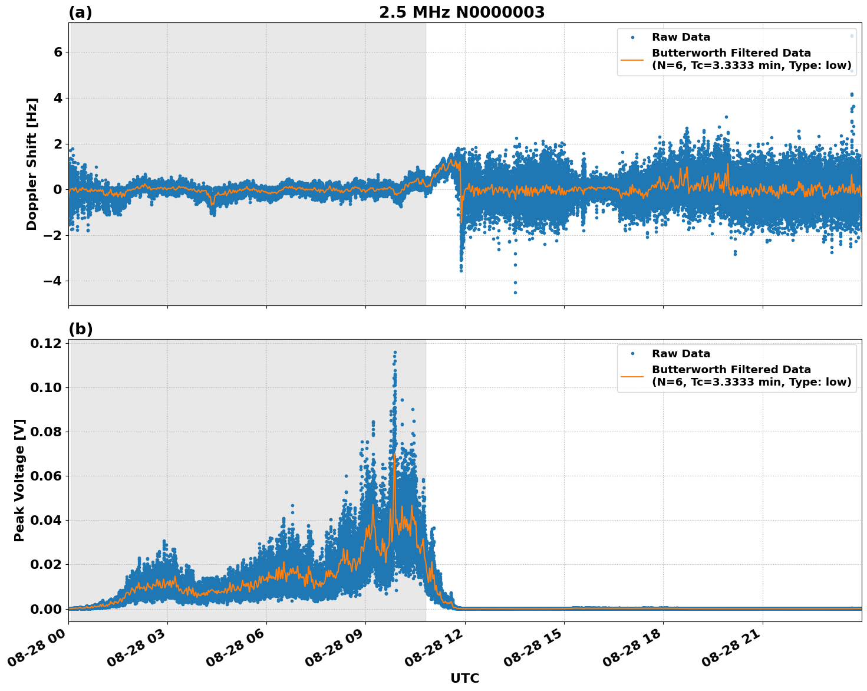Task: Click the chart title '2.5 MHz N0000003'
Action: click(x=461, y=12)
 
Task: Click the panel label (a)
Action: click(x=80, y=12)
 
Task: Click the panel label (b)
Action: click(x=80, y=329)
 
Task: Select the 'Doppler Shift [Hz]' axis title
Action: click(x=32, y=164)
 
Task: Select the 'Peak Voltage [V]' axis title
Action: click(x=19, y=480)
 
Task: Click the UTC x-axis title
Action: click(x=464, y=678)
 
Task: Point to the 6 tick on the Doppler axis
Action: click(x=58, y=52)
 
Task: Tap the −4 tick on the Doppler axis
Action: click(x=52, y=281)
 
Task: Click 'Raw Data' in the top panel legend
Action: click(x=681, y=37)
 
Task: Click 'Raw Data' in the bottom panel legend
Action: click(x=681, y=354)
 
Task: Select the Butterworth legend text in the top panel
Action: click(x=751, y=59)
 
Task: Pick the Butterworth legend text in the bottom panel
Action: click(x=751, y=376)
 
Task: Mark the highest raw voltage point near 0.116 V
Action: click(x=395, y=352)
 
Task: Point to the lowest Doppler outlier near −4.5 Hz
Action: click(x=515, y=292)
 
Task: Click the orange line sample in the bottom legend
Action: click(x=632, y=376)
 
